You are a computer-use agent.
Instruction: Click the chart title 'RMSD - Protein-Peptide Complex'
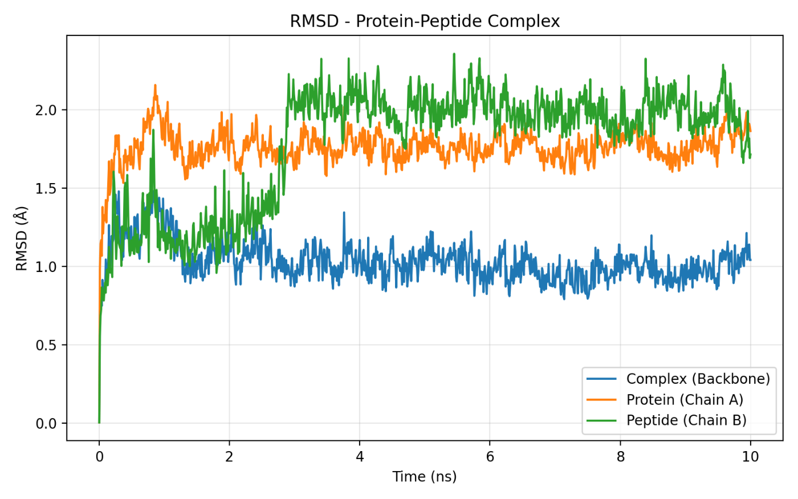coord(425,22)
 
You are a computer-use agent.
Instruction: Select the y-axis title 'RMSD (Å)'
coord(22,238)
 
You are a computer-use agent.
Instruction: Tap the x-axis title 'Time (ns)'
coord(425,477)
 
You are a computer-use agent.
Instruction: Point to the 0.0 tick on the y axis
coord(47,424)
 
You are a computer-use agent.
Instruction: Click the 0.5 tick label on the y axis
coord(47,345)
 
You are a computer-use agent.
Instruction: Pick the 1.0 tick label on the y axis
coord(47,267)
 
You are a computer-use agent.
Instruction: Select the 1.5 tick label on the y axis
coord(47,189)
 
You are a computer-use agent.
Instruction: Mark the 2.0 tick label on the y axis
coord(47,110)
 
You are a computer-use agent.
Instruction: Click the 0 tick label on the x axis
coord(99,457)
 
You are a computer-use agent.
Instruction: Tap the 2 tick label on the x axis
coord(229,457)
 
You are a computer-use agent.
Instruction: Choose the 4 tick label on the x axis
coord(360,457)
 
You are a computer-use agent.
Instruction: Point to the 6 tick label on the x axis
coord(490,457)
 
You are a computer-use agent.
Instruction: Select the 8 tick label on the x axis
coord(620,457)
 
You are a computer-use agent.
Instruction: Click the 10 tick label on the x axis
coord(750,457)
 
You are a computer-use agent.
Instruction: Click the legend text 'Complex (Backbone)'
coord(698,379)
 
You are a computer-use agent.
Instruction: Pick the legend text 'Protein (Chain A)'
coord(685,400)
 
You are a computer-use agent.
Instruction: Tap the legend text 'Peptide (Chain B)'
coord(686,420)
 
